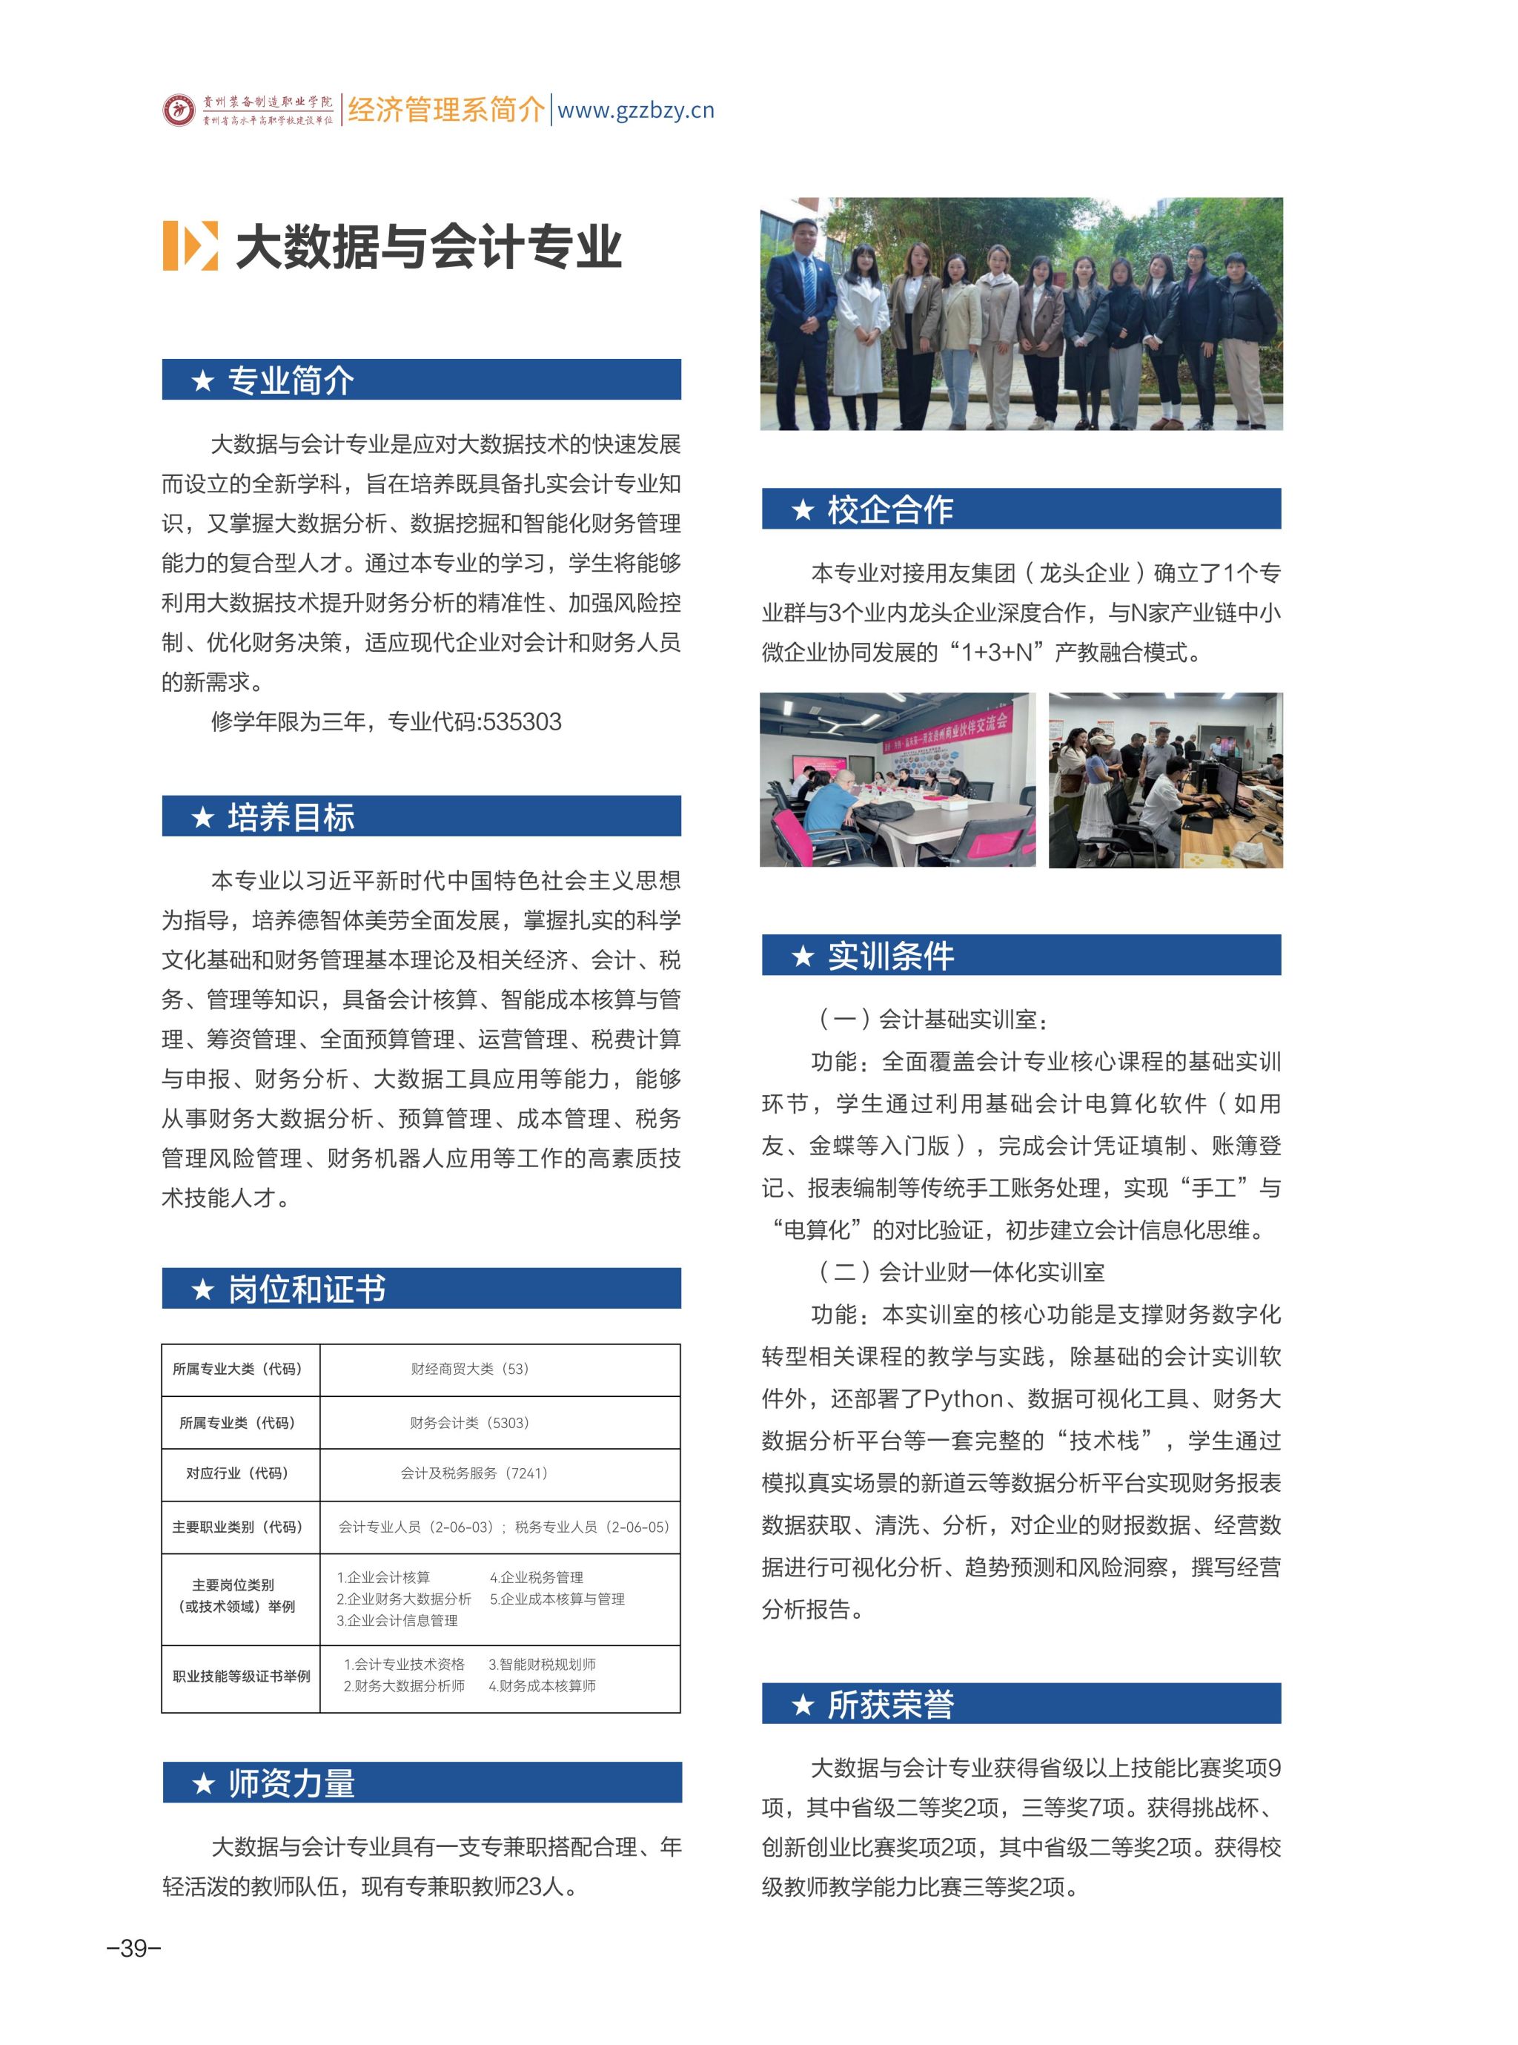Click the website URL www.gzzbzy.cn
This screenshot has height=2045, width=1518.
[636, 110]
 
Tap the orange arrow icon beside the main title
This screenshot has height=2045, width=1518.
[190, 245]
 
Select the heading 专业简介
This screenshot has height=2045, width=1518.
[291, 380]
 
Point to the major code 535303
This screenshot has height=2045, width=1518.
[522, 721]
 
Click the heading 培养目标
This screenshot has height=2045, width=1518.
[291, 817]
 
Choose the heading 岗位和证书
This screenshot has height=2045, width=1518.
[306, 1289]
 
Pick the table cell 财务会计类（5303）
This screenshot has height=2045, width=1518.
[469, 1423]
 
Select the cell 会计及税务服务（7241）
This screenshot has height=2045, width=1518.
[474, 1473]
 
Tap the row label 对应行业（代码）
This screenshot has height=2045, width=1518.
[237, 1473]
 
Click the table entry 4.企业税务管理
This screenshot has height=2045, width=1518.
[537, 1577]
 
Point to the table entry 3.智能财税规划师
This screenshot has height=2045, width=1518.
[542, 1665]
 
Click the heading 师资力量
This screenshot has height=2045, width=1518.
[291, 1783]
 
